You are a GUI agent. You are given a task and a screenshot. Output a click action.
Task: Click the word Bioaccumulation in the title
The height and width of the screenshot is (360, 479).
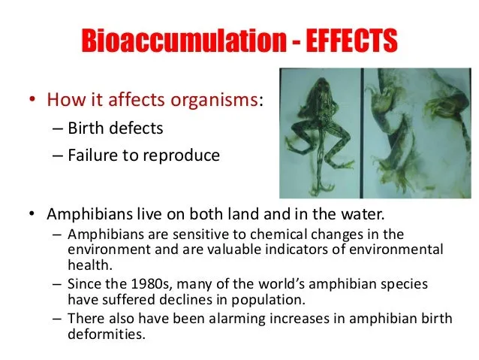(184, 41)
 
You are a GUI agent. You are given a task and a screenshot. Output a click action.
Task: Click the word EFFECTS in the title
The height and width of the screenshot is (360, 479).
(351, 41)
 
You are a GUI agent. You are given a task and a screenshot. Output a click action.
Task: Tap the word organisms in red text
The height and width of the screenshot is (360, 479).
(214, 100)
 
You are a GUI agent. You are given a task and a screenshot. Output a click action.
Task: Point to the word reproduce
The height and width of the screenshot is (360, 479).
(182, 156)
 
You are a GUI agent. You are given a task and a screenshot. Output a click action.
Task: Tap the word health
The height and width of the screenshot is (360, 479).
(90, 265)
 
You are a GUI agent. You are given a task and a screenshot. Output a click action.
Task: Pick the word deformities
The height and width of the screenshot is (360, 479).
(107, 334)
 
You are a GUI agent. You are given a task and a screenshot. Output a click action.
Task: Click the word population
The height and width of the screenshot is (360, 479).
(268, 300)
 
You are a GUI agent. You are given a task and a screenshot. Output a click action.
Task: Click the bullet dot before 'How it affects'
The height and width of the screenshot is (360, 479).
(32, 99)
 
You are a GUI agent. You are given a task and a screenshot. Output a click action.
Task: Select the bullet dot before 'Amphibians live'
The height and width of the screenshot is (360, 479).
(32, 213)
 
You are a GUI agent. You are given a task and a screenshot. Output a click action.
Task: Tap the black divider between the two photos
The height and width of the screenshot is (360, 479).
(362, 133)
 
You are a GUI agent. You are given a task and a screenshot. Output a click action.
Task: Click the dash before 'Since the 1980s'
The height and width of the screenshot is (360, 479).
(57, 285)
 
